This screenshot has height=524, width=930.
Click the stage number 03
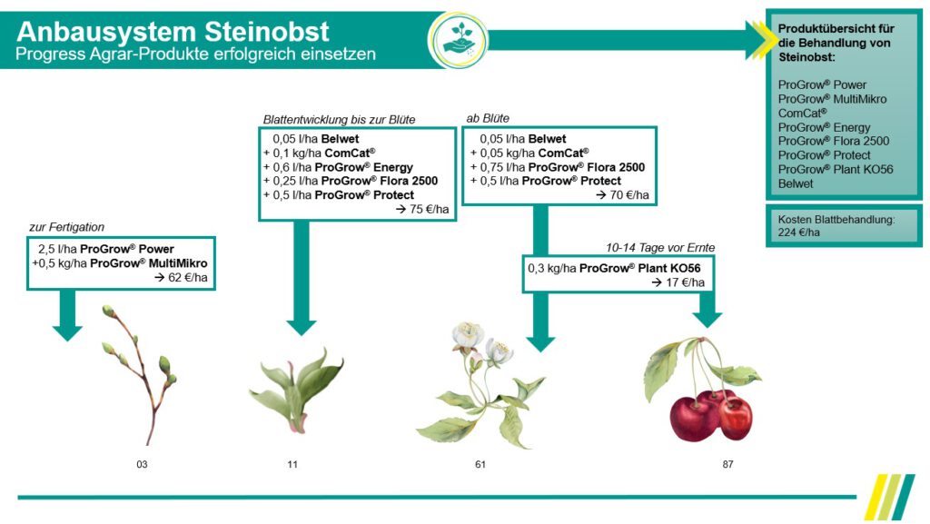tap(142, 465)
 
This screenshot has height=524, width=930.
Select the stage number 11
tap(292, 465)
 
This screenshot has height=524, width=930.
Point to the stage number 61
tap(480, 465)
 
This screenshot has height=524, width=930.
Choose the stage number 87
tap(727, 465)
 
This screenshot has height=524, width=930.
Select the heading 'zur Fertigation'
tap(68, 228)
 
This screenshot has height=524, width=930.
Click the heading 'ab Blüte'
tap(488, 118)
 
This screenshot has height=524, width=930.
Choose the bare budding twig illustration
tap(140, 372)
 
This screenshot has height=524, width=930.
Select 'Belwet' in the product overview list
tap(796, 183)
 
